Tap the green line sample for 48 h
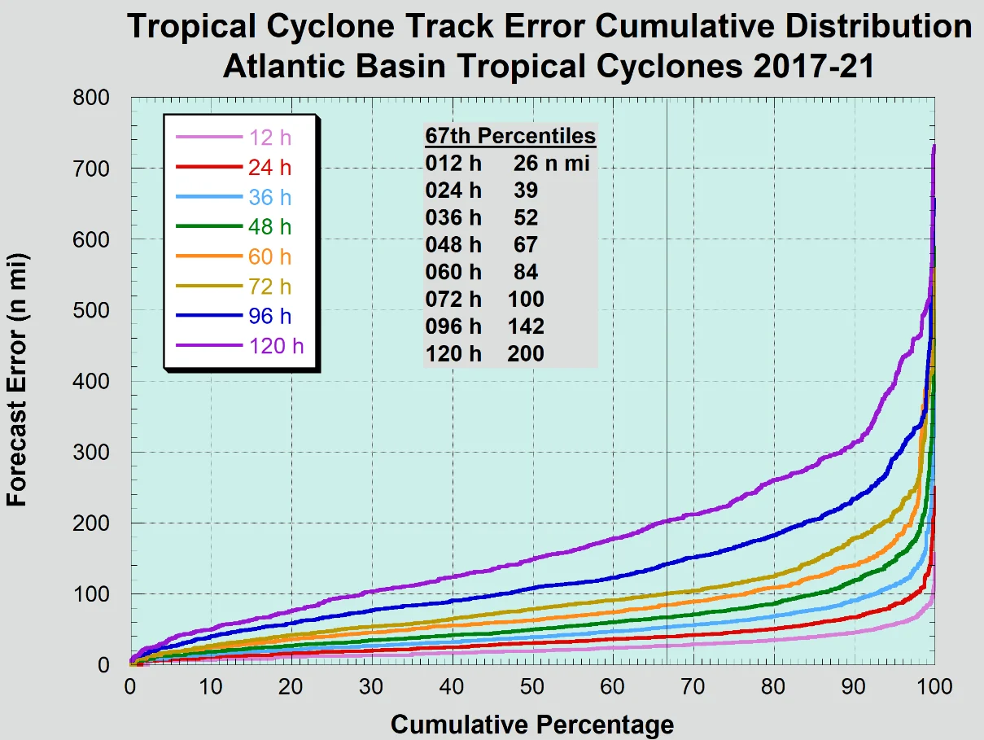coord(205,227)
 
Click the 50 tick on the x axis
coord(532,686)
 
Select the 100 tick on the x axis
coord(934,686)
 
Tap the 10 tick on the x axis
coord(211,686)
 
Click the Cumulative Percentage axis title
coord(532,724)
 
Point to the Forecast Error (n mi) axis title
coord(18,381)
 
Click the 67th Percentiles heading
coord(510,136)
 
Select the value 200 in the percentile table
coord(526,354)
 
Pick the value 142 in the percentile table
coord(526,326)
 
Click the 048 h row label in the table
coord(453,245)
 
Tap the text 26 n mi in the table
coord(551,164)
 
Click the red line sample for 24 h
coord(205,168)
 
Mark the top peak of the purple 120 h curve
coord(934,147)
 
